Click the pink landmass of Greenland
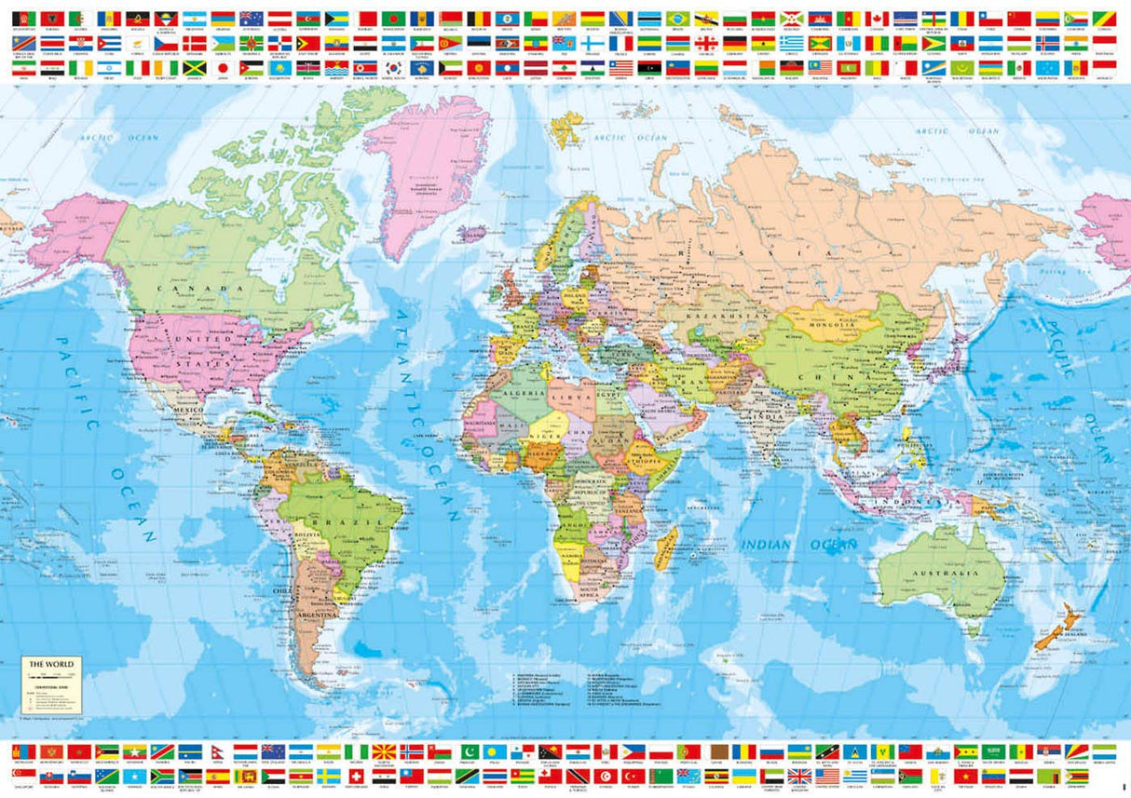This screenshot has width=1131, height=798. tap(429, 168)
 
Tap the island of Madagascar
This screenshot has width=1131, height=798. tap(665, 547)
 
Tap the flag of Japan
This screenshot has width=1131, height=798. tap(221, 68)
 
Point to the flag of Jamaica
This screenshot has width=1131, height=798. tap(194, 68)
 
